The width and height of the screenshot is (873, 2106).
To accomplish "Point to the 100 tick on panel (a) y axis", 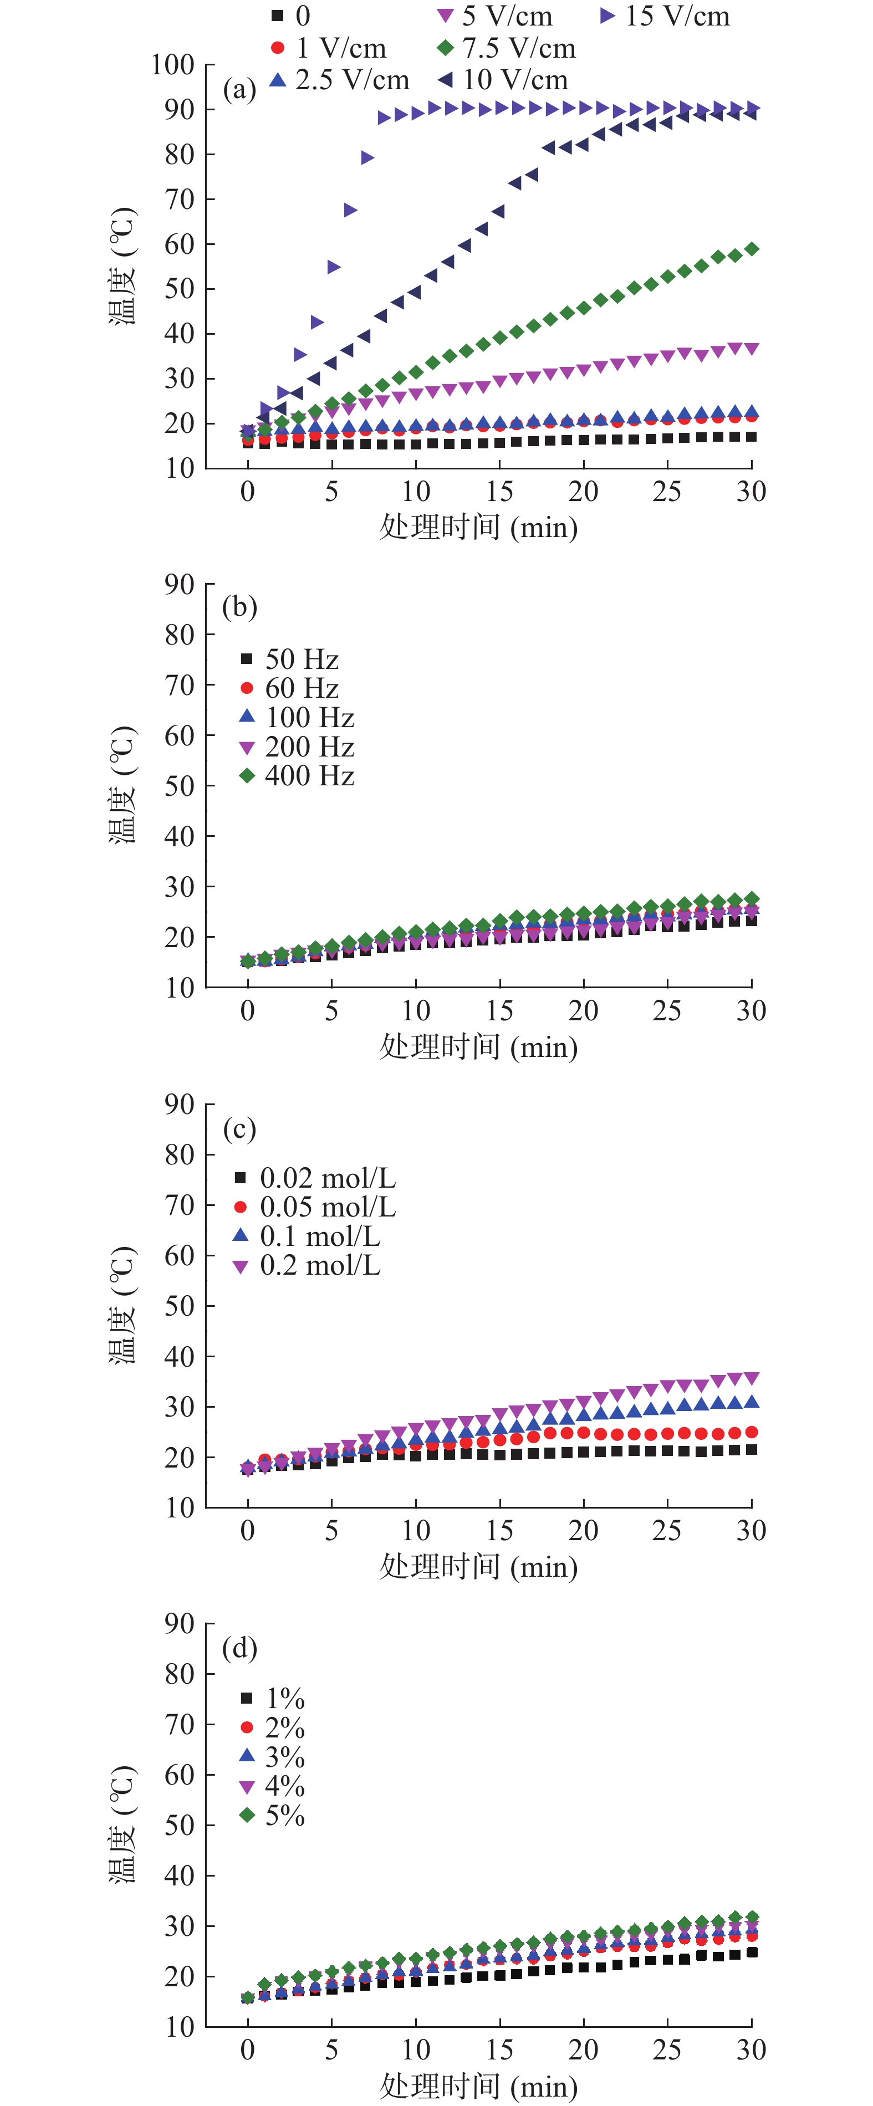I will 172,65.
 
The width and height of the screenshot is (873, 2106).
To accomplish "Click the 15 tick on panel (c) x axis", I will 499,1530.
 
